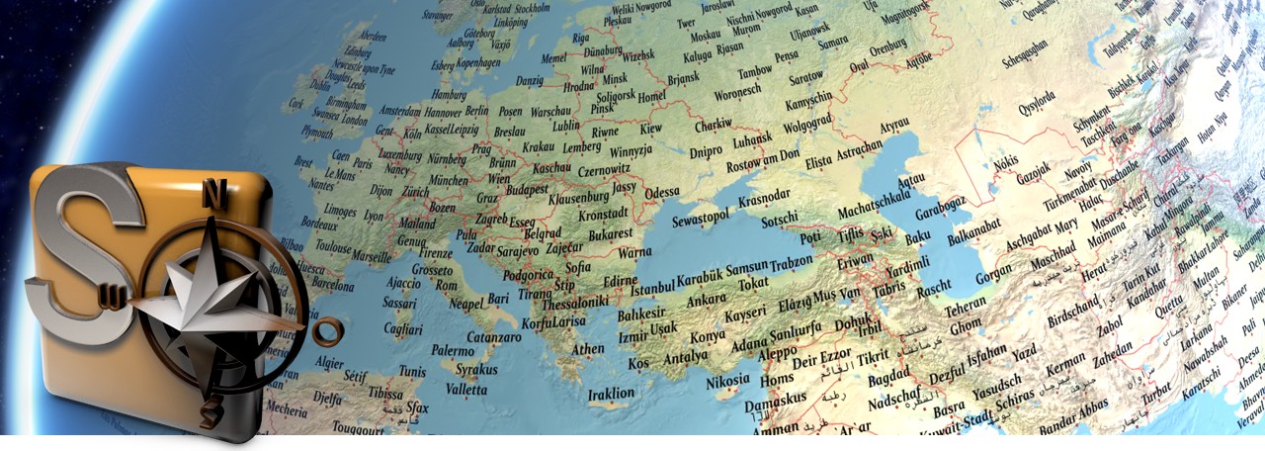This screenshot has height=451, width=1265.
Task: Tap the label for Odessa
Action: point(662,192)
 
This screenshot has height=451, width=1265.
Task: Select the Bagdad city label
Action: point(886,379)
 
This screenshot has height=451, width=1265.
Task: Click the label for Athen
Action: point(588,349)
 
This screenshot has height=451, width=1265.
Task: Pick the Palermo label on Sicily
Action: point(453,350)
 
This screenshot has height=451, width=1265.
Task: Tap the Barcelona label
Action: point(332,285)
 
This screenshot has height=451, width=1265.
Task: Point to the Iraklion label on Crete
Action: point(611,394)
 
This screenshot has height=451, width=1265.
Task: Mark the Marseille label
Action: point(371,257)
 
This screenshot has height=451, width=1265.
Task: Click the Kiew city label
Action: point(650,130)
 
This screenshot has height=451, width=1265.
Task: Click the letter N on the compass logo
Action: point(210,194)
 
